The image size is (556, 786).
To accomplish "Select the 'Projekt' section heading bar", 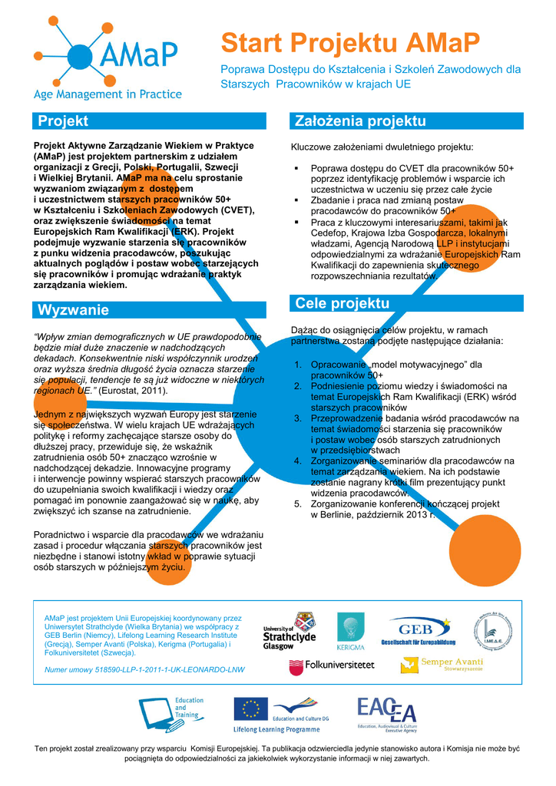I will point(151,121).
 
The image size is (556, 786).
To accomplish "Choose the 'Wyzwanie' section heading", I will point(151,310).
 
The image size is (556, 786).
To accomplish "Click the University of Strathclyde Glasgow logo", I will point(290,631).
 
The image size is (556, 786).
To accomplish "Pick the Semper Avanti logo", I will point(452,664).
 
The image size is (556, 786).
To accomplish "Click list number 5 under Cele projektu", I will point(299,504).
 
